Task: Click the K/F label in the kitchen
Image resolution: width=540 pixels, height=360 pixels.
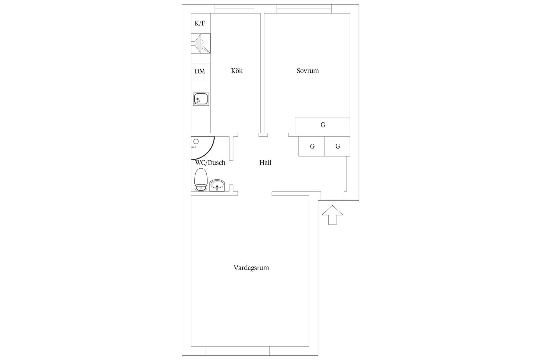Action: [x=200, y=23]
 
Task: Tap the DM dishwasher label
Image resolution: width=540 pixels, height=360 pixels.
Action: [x=200, y=71]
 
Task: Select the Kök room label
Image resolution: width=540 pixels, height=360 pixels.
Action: [x=237, y=71]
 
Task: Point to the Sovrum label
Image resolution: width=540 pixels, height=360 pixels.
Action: [x=308, y=71]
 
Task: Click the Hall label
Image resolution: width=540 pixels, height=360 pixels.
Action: [x=265, y=163]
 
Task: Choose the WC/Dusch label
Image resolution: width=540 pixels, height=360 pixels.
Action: [x=210, y=163]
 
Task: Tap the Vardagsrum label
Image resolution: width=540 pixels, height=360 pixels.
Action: [x=251, y=268]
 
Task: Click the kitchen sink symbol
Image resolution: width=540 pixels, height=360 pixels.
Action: [x=201, y=99]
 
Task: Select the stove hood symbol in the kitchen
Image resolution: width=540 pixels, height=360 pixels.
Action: [x=201, y=44]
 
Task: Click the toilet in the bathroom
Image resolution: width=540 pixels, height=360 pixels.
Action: [x=201, y=180]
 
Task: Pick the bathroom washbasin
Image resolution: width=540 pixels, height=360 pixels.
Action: [x=217, y=185]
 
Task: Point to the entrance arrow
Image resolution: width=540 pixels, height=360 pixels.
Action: [x=332, y=215]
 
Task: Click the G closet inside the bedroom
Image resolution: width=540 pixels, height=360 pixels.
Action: [x=323, y=125]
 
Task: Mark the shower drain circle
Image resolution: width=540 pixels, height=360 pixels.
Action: [x=196, y=141]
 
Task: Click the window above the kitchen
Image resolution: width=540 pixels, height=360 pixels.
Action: [x=234, y=9]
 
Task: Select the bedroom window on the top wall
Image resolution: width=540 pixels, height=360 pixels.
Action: [x=304, y=9]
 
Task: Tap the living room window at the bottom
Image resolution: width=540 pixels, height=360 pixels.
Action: [x=238, y=351]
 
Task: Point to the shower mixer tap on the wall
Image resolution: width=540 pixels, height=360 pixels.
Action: [x=193, y=147]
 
